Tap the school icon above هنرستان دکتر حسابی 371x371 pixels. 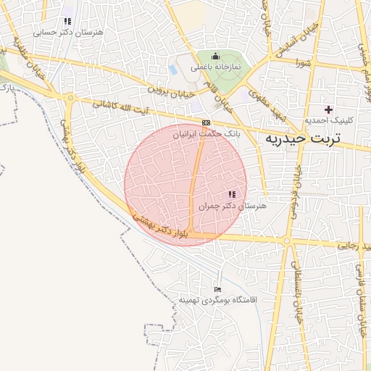pos(68,22)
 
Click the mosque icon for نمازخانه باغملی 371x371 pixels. pos(214,56)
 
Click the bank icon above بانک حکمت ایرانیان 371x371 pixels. pos(207,122)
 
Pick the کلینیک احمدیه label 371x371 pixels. pos(328,120)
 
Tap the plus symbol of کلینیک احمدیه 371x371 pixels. pos(329,109)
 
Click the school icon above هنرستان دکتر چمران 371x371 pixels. pos(232,194)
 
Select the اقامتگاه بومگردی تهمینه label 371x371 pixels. pos(218,299)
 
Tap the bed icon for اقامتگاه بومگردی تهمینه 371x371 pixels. pos(217,288)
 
